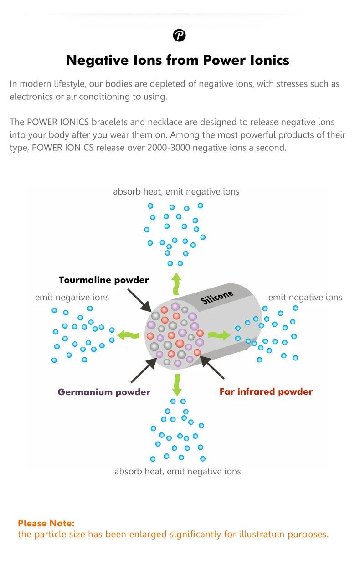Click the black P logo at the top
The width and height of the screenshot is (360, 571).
pos(180,35)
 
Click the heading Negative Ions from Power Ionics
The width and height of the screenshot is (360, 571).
pos(178,60)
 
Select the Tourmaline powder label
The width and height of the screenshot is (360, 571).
pos(103,280)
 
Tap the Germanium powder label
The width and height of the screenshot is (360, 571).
pos(104,392)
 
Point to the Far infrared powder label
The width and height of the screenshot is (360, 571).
pos(266,391)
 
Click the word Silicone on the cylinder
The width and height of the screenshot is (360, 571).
pos(217,297)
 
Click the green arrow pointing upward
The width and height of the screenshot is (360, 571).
pos(176,283)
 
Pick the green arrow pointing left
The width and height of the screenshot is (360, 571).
pos(128,336)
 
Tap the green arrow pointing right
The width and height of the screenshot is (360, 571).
pos(219,335)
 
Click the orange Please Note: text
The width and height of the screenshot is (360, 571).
pos(46,523)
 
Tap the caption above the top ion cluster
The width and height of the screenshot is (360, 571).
pos(176,192)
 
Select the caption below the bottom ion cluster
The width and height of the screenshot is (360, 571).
pos(177,471)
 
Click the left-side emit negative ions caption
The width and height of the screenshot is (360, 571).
pos(72,298)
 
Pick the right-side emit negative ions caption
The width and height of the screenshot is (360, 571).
pos(305,298)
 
